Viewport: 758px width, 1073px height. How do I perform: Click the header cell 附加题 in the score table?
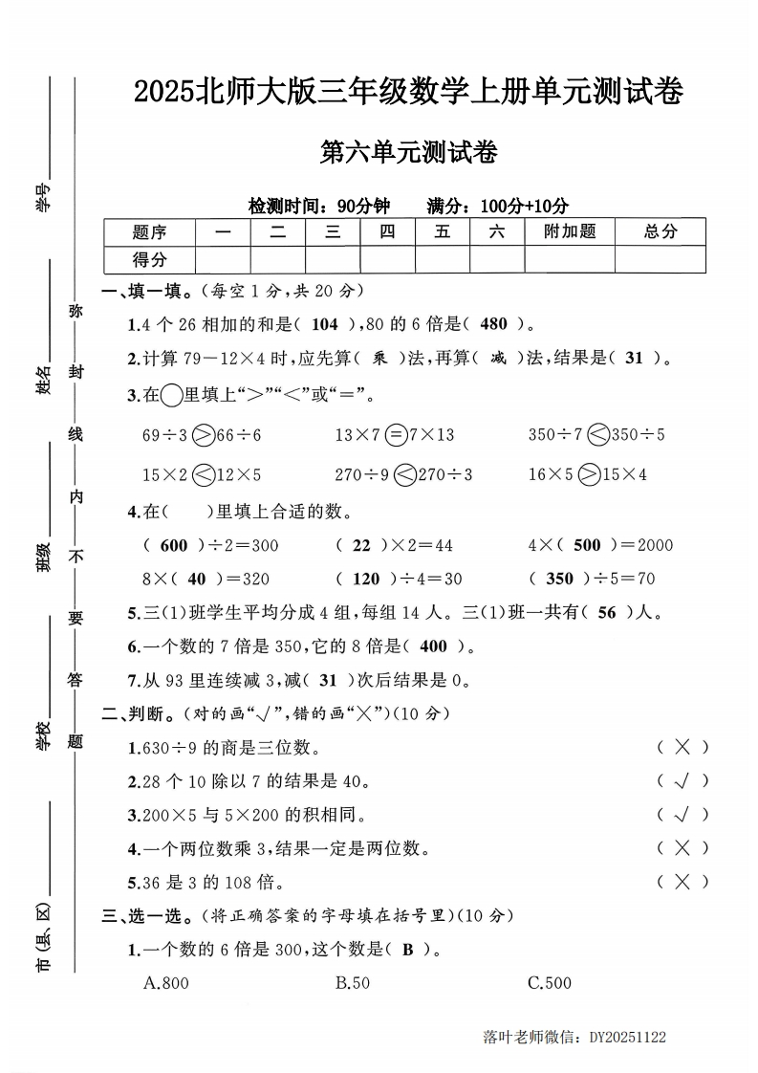point(569,231)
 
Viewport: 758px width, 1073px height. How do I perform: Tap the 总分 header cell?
point(660,231)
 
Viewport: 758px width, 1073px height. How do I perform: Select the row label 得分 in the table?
point(149,259)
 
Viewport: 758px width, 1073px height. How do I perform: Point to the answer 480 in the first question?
point(493,323)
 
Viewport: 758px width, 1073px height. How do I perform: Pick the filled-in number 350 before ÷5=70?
point(559,579)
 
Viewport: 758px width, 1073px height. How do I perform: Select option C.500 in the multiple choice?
point(550,983)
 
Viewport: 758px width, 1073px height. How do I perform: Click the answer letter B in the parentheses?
point(407,950)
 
